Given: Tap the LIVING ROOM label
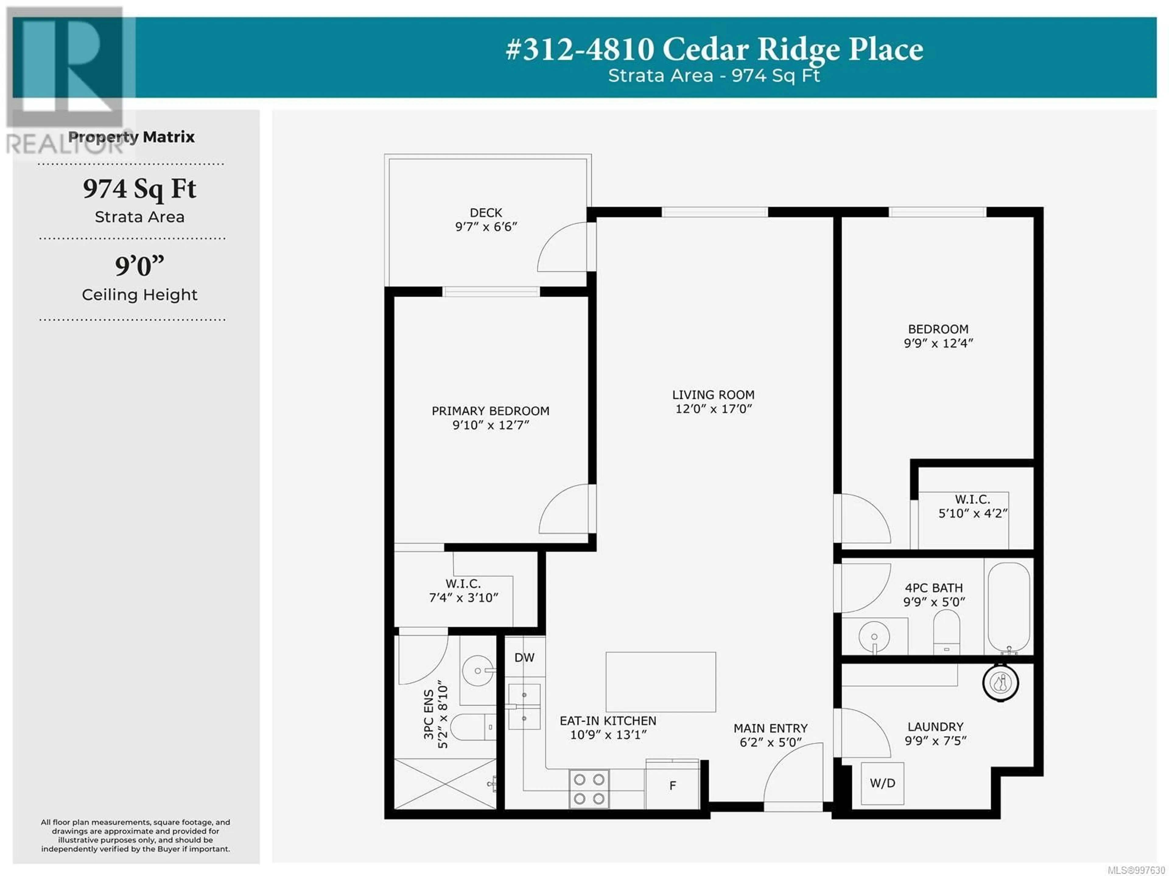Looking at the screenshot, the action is pos(713,395).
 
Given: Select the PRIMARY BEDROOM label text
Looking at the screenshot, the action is pos(490,411).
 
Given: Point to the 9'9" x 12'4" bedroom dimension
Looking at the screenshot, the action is pos(938,343).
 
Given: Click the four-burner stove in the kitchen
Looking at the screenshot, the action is pos(589,789).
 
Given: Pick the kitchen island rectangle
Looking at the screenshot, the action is pos(661,682).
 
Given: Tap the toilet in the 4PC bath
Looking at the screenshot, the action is pos(946,632).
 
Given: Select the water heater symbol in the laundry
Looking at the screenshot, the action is pos(1000,683).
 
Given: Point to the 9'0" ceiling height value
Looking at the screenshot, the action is pos(139,266).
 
